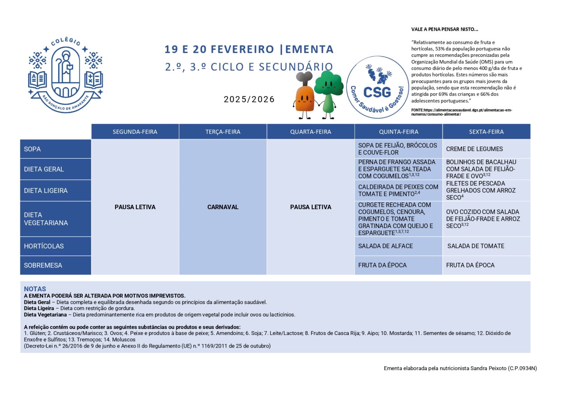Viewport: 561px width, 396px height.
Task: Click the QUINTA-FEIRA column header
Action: tap(398, 132)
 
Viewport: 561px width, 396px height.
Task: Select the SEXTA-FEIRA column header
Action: tap(486, 132)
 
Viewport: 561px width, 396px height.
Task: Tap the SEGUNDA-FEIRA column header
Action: tap(135, 132)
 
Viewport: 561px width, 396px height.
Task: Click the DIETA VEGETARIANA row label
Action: tap(46, 219)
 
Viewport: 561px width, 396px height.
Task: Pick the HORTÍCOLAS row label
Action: tap(44, 246)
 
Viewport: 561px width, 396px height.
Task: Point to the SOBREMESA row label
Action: tap(43, 265)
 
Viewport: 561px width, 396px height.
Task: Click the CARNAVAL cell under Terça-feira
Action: tap(223, 207)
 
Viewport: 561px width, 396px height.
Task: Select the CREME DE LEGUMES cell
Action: tap(474, 149)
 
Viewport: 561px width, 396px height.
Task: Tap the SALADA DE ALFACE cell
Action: tap(385, 246)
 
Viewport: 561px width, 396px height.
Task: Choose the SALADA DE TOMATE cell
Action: tap(476, 246)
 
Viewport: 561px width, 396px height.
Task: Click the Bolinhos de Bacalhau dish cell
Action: tap(481, 169)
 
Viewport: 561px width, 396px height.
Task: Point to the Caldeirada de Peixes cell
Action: tap(398, 190)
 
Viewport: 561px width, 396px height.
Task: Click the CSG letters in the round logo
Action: tap(377, 92)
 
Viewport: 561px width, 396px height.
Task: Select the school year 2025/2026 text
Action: tap(249, 100)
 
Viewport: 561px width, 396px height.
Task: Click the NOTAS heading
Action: tap(35, 289)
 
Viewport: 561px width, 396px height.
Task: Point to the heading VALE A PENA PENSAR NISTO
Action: tap(445, 29)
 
